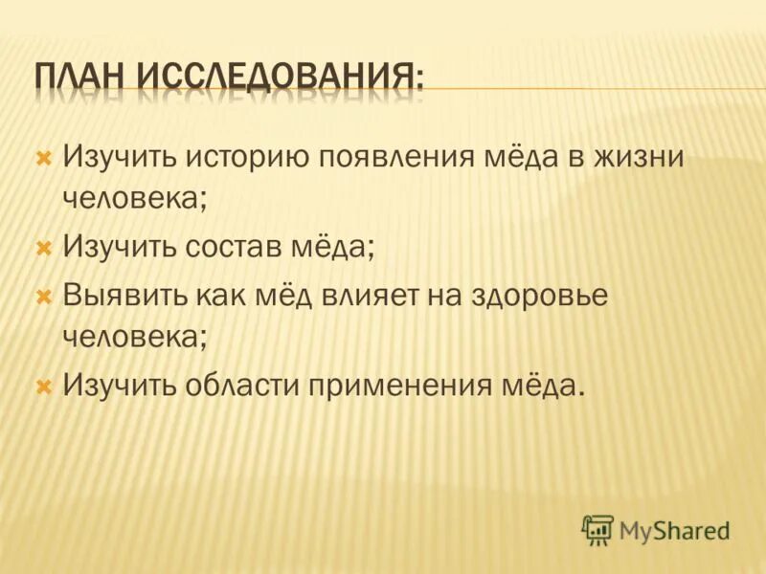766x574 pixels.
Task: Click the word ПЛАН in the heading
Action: [x=80, y=76]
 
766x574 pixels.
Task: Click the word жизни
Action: [x=636, y=157]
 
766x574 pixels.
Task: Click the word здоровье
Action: [x=539, y=296]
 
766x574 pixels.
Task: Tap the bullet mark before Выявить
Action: [x=43, y=296]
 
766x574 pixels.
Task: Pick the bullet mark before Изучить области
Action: [x=43, y=387]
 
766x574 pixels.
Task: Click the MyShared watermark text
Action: [x=674, y=529]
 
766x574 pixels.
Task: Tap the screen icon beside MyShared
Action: [x=597, y=528]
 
